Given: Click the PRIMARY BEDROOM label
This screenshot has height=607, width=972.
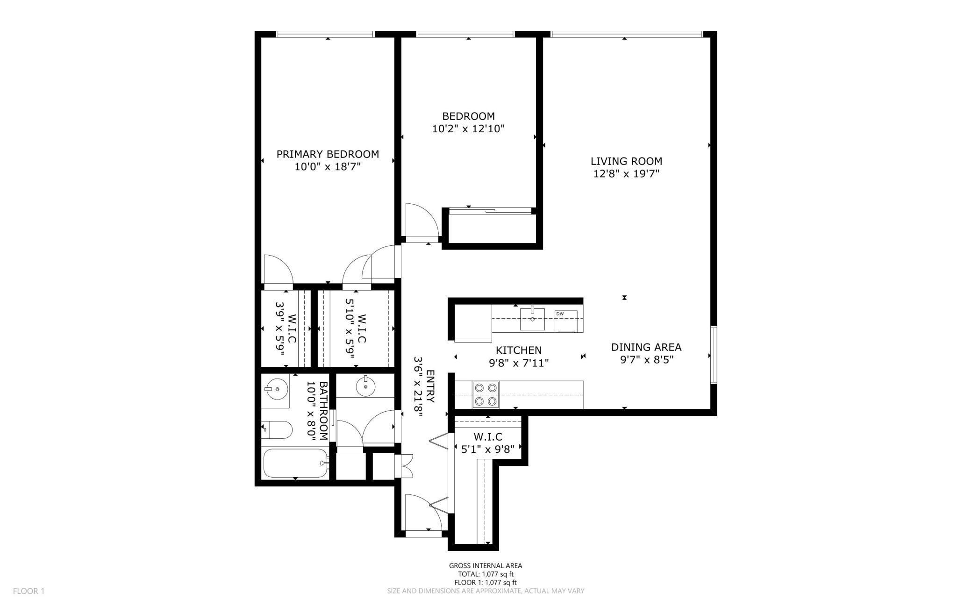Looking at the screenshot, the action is (328, 154).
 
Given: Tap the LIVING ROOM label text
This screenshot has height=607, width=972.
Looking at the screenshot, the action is (626, 161).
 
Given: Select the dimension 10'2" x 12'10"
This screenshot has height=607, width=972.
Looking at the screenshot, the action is (468, 129).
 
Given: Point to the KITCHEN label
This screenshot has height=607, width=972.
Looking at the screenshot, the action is (519, 350).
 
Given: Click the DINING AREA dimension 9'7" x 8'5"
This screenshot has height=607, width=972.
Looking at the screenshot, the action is (646, 360).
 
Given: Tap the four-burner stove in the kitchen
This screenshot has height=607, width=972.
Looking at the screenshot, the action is (486, 394).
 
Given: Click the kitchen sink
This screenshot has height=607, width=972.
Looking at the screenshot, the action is (532, 319).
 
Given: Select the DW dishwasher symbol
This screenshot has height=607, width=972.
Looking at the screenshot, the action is (566, 321).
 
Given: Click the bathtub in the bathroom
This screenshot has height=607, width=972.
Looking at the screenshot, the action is (295, 463).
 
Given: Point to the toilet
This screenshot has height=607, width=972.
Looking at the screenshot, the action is (277, 429).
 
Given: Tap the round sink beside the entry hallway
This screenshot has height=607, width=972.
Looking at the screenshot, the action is (365, 386).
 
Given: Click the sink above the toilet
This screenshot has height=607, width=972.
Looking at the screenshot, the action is (276, 388).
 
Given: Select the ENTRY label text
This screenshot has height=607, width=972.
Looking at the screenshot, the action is (430, 386).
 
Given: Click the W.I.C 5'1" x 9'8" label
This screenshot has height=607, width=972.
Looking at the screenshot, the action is (488, 443).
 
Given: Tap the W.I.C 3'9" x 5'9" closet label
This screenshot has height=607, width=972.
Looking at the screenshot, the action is (286, 335).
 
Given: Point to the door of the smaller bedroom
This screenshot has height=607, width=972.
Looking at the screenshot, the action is (422, 221).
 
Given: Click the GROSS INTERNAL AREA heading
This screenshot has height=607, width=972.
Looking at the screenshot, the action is (486, 565).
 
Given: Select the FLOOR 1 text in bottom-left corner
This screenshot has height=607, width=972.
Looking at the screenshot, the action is (29, 591).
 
